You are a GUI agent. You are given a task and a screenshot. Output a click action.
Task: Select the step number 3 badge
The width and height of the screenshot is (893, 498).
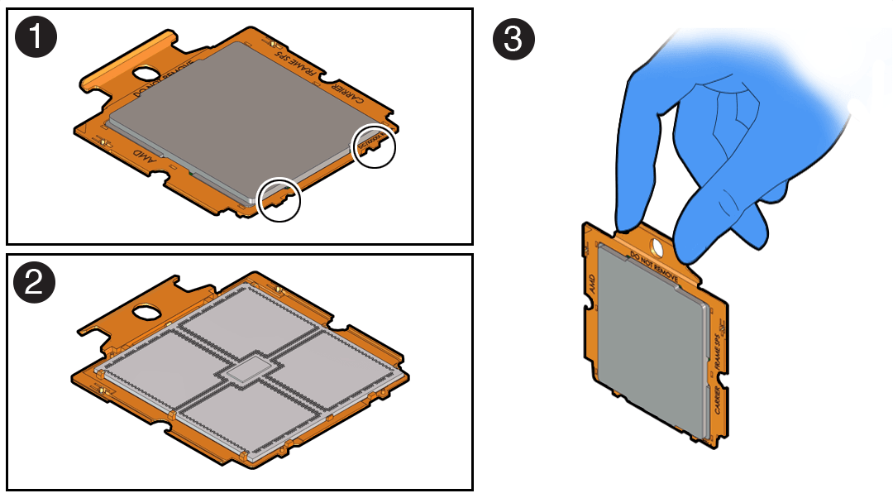click(x=513, y=39)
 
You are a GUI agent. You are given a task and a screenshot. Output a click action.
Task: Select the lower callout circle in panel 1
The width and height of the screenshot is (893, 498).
click(x=279, y=199)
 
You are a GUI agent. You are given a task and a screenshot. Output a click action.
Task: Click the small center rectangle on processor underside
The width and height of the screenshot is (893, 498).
click(x=244, y=372)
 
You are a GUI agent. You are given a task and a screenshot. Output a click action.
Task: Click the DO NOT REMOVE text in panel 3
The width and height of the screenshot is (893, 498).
click(x=654, y=263)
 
